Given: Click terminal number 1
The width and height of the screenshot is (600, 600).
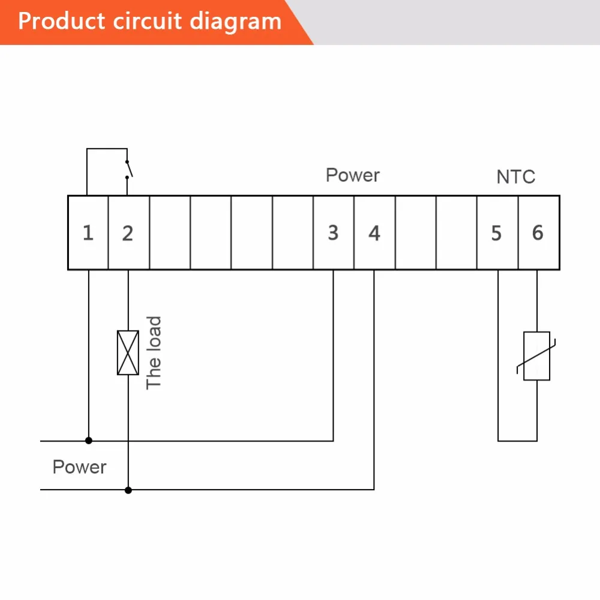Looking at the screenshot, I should pos(88,233).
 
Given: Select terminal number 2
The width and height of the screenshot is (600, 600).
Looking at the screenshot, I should pos(127,233).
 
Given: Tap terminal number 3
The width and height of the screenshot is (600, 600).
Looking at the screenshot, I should pos(333,233).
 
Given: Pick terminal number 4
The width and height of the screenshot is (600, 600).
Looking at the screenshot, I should pos(374,233).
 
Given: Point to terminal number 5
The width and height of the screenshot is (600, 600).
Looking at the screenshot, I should pos(496,233).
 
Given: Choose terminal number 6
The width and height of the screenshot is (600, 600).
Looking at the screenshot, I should pos(538,233).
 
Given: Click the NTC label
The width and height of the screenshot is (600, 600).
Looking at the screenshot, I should pos(515,177).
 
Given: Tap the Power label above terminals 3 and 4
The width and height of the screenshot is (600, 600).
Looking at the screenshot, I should pos(353,175).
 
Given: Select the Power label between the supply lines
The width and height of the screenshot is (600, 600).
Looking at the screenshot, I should pos(79,467).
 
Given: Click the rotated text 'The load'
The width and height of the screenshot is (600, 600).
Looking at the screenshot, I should pos(154,352).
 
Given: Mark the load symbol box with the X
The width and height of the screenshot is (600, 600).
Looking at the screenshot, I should pos(128,353).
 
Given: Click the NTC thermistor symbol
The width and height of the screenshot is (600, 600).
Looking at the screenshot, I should pos(536,356).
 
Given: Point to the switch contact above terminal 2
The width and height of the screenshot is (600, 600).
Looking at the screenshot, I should pos(128,169).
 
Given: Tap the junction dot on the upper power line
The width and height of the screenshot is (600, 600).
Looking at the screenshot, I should pos(89,440).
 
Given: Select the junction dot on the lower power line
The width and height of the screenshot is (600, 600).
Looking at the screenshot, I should pos(128,490).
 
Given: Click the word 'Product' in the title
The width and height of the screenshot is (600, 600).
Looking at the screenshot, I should pos(60,22).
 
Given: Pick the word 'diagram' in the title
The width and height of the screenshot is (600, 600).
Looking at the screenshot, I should pos(235,22).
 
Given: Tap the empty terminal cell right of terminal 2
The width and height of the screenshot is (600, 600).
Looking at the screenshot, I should pos(170,233).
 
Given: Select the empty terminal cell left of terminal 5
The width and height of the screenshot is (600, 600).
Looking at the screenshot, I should pos(457,233).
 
